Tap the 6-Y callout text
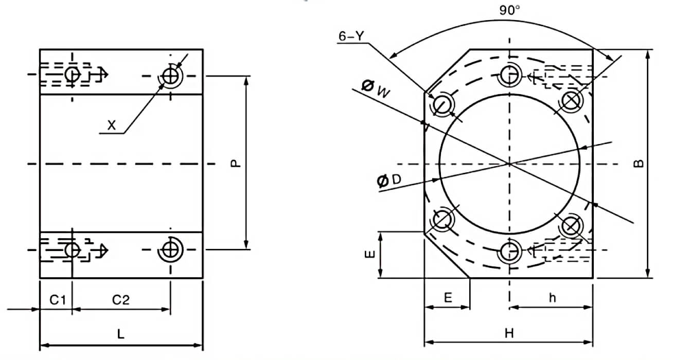point(351,37)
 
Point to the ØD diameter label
point(389,180)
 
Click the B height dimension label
point(639,164)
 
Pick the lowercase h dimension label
point(552,297)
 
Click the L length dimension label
point(120,334)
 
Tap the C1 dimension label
point(57,299)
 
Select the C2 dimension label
point(120,299)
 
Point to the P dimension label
point(235,163)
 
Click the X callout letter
point(111,124)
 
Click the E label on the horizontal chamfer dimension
point(448,298)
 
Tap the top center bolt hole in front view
point(509,76)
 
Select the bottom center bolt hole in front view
point(509,251)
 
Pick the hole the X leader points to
point(170,76)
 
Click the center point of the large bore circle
point(509,164)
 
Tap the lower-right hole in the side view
point(170,250)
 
